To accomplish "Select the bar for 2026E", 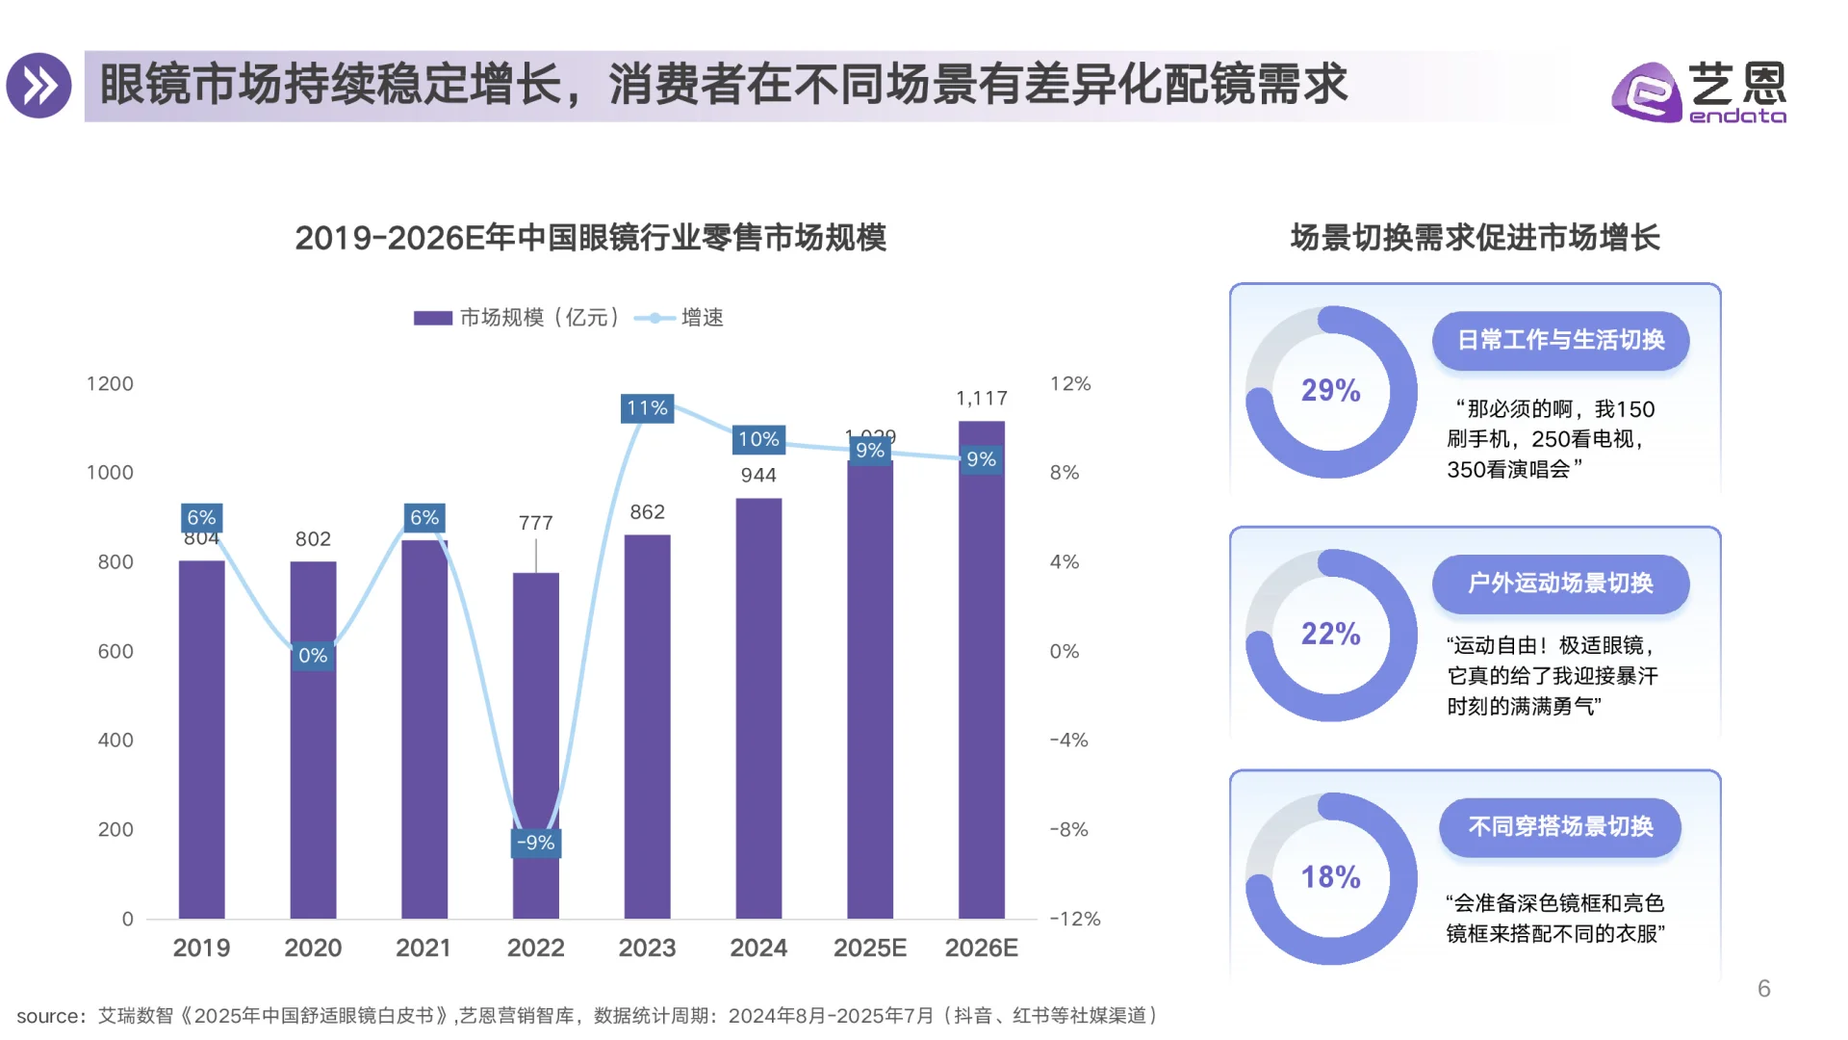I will [x=981, y=693].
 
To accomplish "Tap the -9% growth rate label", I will [x=535, y=843].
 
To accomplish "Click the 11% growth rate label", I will [x=647, y=408].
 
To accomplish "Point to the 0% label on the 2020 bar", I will [x=313, y=656].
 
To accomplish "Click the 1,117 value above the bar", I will [x=981, y=399].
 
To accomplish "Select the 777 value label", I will [x=535, y=523].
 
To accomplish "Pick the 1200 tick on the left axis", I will [x=110, y=384].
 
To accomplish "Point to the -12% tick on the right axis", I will [x=1074, y=919].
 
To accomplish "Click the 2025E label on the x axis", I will [x=869, y=949].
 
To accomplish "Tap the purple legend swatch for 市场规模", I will [x=432, y=318].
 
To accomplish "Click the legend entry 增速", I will [x=702, y=318].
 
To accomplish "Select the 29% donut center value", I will [x=1330, y=391].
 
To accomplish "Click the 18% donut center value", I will [x=1330, y=877].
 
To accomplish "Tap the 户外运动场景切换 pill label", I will [x=1559, y=584].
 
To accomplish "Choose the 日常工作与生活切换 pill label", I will [x=1559, y=340].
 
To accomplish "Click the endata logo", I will [x=1699, y=92].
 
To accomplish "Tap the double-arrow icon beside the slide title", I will [x=39, y=86].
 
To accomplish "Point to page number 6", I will [x=1763, y=989].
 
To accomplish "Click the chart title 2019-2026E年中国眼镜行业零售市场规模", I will [x=590, y=238].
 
